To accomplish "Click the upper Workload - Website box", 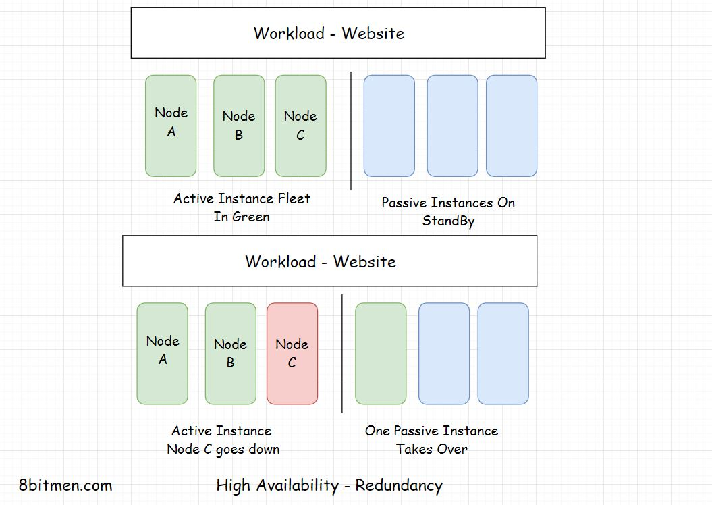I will pyautogui.click(x=337, y=33).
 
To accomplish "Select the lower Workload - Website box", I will pyautogui.click(x=329, y=261).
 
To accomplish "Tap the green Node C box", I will pyautogui.click(x=300, y=126).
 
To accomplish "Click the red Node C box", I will pyautogui.click(x=292, y=353).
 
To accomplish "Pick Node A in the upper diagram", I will pyautogui.click(x=171, y=126).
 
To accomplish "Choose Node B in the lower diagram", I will pyautogui.click(x=231, y=353).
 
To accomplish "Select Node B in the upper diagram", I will pyautogui.click(x=239, y=126).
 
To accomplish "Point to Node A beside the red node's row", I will pyautogui.click(x=163, y=353).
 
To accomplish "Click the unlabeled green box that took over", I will pyautogui.click(x=381, y=353).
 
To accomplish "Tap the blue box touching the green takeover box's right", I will pyautogui.click(x=444, y=353).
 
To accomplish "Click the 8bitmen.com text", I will pyautogui.click(x=65, y=485).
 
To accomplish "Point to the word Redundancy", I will pyautogui.click(x=399, y=485).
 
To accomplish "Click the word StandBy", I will pyautogui.click(x=448, y=221).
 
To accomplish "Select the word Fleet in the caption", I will pyautogui.click(x=294, y=198).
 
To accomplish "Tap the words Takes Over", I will pyautogui.click(x=431, y=449).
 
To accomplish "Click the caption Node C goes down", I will pyautogui.click(x=223, y=449).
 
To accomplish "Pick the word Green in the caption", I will pyautogui.click(x=251, y=217).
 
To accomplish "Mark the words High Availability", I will pyautogui.click(x=277, y=485).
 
